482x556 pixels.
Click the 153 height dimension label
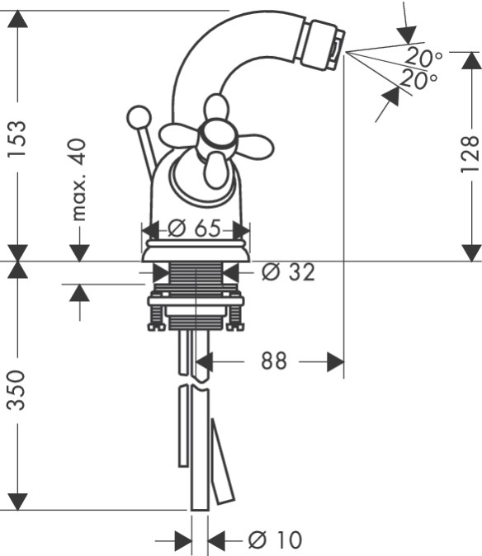click(x=17, y=139)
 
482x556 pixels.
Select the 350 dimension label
click(x=17, y=390)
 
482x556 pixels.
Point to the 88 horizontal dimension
click(x=274, y=361)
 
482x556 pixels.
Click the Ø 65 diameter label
click(x=194, y=228)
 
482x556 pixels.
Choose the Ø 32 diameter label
click(x=288, y=272)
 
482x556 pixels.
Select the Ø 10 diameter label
click(x=275, y=540)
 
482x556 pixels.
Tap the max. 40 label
click(x=78, y=180)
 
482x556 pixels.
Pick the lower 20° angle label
click(x=418, y=80)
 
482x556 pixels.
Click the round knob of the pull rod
click(x=139, y=117)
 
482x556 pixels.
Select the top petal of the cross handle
click(x=216, y=107)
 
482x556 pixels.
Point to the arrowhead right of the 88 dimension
click(x=335, y=362)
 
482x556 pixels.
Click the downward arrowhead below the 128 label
click(x=472, y=252)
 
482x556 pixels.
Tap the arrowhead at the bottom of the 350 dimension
click(x=17, y=502)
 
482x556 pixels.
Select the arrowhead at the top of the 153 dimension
click(x=17, y=20)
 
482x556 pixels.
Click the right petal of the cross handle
click(x=255, y=146)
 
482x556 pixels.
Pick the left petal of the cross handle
click(x=178, y=135)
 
